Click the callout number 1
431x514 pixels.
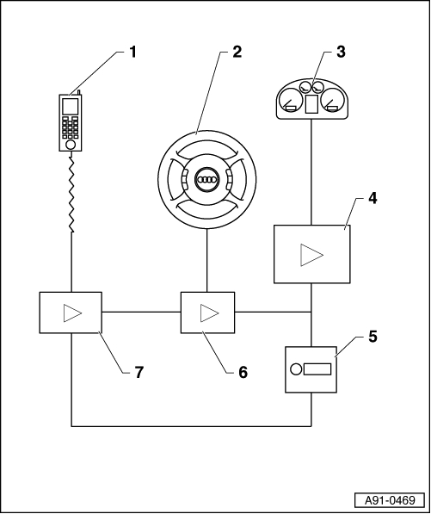(132, 53)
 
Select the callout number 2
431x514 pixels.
(237, 53)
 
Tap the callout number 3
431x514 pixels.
(341, 53)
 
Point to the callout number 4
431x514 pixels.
(372, 198)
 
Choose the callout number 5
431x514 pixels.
(373, 337)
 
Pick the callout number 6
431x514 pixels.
(243, 373)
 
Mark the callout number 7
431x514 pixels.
(139, 373)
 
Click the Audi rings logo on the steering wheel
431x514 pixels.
(206, 180)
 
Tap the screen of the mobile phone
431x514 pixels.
(71, 107)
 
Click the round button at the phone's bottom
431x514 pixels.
(71, 145)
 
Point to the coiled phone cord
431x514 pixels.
(71, 195)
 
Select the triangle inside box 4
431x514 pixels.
(311, 255)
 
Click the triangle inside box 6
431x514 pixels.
(210, 313)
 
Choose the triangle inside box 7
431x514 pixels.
(73, 313)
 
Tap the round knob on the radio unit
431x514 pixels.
(296, 369)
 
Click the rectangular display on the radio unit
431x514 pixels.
(317, 369)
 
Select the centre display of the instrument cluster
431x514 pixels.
(311, 104)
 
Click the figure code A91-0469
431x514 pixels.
(390, 500)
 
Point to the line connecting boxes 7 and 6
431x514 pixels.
(141, 312)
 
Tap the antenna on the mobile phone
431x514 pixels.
(78, 92)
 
